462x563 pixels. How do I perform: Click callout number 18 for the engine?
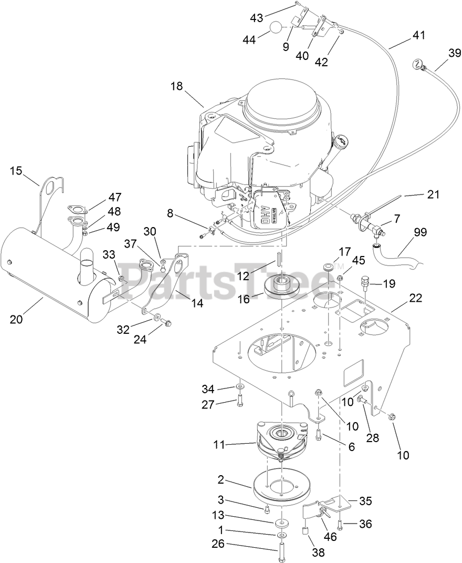(x=176, y=86)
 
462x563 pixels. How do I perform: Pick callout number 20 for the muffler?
(x=16, y=319)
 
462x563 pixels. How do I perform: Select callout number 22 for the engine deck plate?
(x=416, y=298)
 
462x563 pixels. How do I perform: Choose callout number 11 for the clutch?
(x=219, y=445)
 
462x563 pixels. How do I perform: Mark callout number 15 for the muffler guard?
(x=16, y=171)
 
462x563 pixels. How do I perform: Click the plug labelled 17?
(x=327, y=268)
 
